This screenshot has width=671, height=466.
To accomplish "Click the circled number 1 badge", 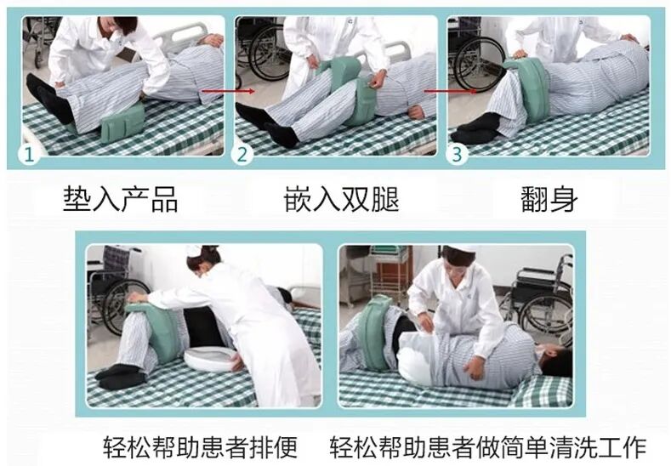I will (x=31, y=154).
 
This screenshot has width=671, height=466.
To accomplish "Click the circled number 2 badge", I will (x=244, y=154).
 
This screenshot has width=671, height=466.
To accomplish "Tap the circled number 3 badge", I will (x=458, y=154).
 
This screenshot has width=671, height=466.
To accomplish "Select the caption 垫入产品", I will (x=121, y=200).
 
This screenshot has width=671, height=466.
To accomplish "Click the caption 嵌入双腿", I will (x=342, y=200).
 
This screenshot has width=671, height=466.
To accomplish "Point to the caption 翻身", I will (x=549, y=200).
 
